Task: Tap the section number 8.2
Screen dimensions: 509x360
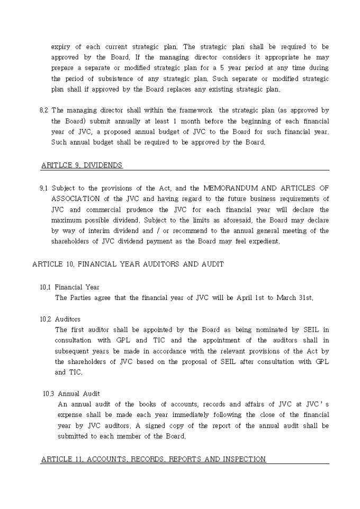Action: (44, 110)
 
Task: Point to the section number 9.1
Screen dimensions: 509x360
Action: (44, 188)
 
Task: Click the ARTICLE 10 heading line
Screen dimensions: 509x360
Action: (128, 264)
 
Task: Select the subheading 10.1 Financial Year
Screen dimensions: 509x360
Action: (69, 287)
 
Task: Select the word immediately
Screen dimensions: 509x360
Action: (191, 415)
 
